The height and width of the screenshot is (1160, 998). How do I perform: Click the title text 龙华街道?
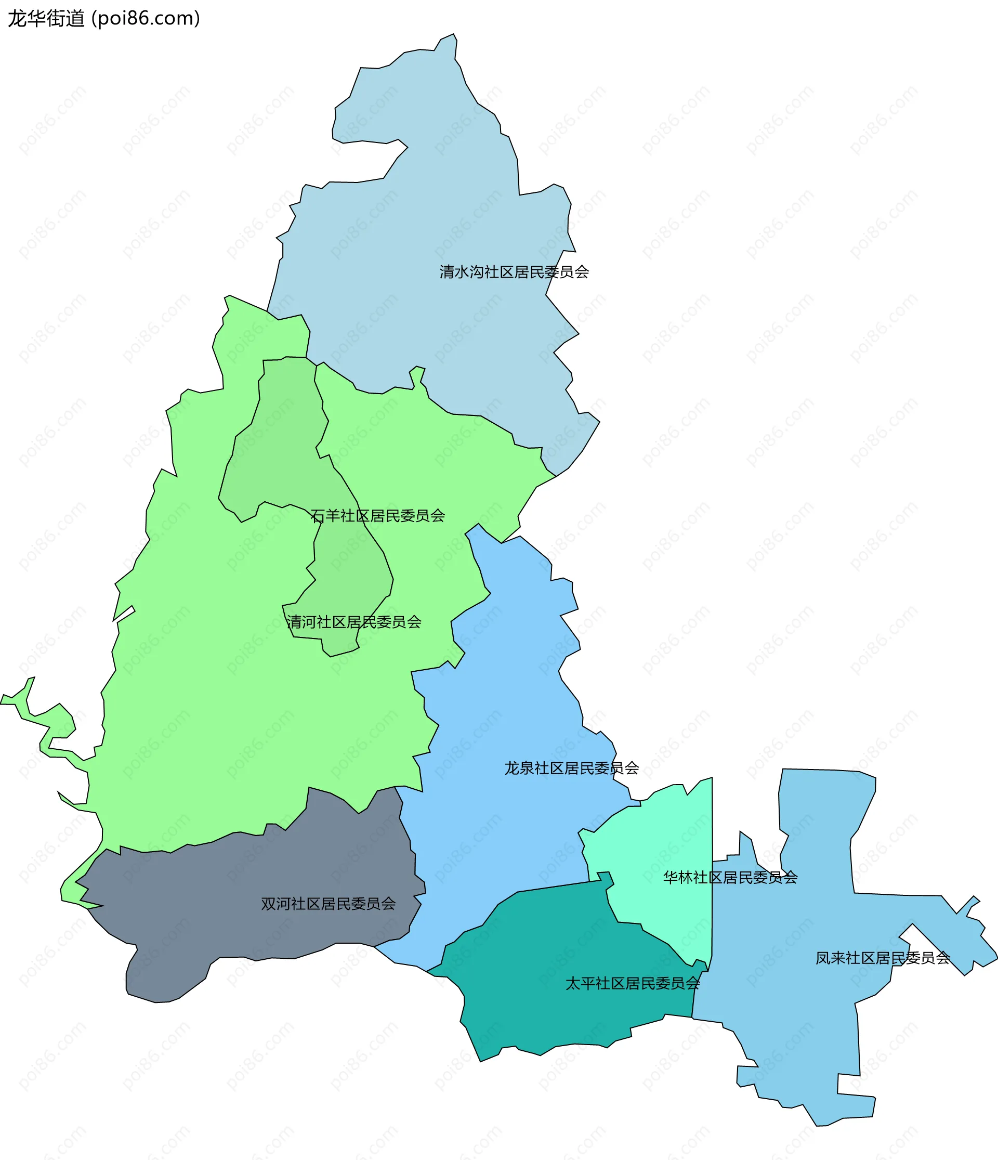[46, 19]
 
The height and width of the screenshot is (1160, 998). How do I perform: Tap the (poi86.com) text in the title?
[146, 19]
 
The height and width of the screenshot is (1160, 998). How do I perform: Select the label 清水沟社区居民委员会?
[514, 272]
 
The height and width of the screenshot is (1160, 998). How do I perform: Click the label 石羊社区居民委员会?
[377, 516]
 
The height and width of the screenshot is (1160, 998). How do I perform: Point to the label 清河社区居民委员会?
[354, 622]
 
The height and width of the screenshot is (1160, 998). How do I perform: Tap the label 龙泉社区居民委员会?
[571, 768]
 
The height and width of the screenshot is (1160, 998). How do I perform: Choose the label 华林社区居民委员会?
[730, 877]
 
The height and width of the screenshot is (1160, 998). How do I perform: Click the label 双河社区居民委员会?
[328, 904]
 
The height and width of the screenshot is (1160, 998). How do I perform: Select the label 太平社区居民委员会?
[633, 983]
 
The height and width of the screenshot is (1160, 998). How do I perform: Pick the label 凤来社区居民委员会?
[883, 958]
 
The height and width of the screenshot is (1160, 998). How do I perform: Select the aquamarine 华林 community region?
[661, 840]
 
